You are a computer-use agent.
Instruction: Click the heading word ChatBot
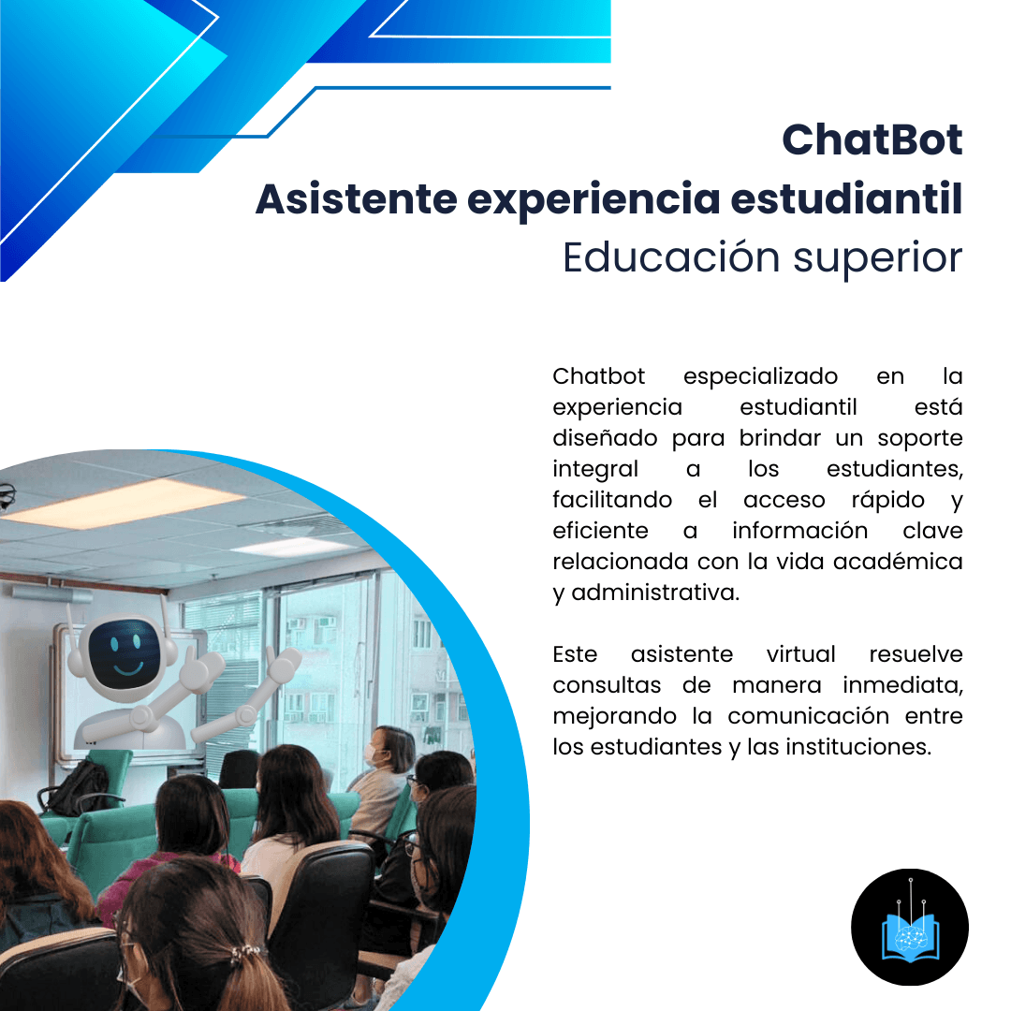872,140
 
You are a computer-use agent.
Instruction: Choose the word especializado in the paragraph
760,376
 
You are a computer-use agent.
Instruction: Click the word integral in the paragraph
595,469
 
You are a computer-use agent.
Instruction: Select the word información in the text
799,531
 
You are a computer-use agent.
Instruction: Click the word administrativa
655,593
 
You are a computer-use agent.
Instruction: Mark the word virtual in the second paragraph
800,653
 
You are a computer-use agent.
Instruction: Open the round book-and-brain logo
909,926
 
